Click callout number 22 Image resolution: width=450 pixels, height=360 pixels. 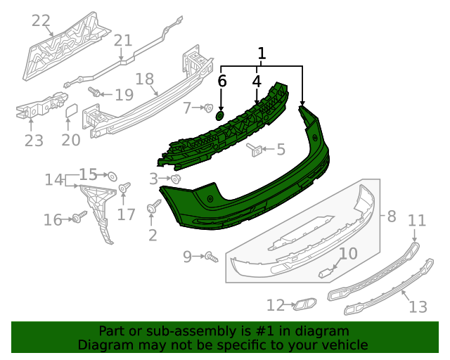[41, 21]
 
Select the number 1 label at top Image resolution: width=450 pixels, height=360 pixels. [262, 53]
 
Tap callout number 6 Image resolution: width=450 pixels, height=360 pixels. [221, 82]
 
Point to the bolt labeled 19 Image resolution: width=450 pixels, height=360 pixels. [93, 91]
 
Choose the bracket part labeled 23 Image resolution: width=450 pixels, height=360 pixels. [32, 110]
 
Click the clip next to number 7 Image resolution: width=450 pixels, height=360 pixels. [208, 108]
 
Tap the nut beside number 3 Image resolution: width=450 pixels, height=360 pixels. [176, 179]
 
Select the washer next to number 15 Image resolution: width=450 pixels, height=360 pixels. [110, 174]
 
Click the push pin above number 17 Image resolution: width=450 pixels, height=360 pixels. [125, 188]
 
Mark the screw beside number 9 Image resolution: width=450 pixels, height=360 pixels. [210, 257]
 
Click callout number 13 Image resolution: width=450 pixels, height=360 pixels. [418, 307]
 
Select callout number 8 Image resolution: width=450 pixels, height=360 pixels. [392, 217]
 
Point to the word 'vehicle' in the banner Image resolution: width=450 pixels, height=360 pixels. [342, 345]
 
